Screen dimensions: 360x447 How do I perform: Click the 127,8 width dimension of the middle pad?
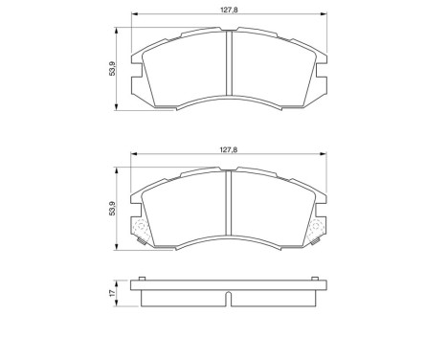pos(228,149)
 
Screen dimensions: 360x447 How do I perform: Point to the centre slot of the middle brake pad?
pos(228,205)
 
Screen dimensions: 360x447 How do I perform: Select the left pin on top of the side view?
pos(143,281)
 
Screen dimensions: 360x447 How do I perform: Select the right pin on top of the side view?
pos(314,281)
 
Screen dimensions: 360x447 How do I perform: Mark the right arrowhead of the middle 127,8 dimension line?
pos(323,156)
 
